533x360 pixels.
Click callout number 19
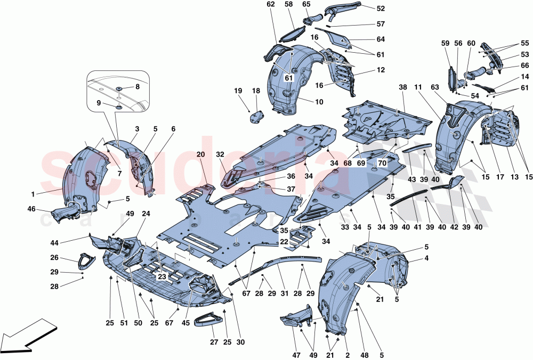coord(238,91)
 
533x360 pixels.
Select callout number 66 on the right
coord(525,66)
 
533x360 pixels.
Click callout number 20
coord(200,154)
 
